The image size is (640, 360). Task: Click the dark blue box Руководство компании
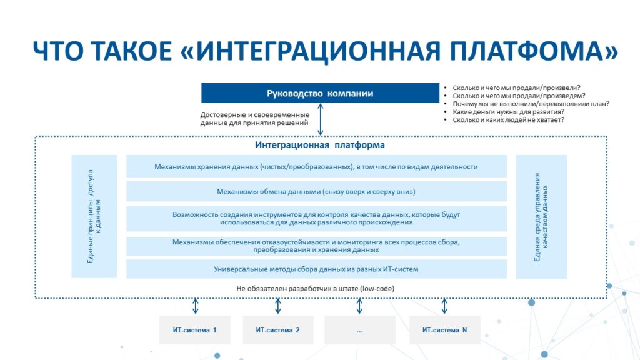coord(320,93)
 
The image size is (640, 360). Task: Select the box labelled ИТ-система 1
coord(195,330)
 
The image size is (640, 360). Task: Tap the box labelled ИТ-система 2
coord(278,330)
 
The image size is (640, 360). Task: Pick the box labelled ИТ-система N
coord(444,330)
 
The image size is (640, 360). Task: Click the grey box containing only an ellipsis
coord(359,330)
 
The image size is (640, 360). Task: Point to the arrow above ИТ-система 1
coord(196,306)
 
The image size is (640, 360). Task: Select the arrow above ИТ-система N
coord(444,306)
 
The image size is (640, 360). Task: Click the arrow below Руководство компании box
coord(321,119)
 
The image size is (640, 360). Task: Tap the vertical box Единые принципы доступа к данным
coord(94,216)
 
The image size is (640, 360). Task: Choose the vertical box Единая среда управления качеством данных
coord(541,216)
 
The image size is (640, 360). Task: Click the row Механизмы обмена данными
coord(316,191)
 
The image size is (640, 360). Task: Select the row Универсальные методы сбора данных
coord(316,269)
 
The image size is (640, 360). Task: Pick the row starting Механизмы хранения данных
coord(316,166)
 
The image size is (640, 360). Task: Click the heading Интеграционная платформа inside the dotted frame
coord(320,145)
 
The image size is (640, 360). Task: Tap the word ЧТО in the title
coord(57,51)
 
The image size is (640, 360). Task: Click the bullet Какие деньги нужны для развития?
coord(509,111)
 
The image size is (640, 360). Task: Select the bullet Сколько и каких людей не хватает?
coord(509,119)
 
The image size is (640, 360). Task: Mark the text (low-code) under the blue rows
coord(377,289)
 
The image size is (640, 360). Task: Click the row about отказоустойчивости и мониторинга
coord(316,246)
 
